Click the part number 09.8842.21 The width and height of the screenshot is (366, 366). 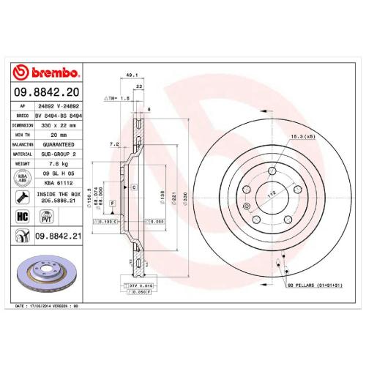click(x=56, y=236)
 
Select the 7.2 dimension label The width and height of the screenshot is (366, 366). click(x=114, y=144)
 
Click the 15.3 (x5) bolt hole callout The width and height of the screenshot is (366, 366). click(x=301, y=136)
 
